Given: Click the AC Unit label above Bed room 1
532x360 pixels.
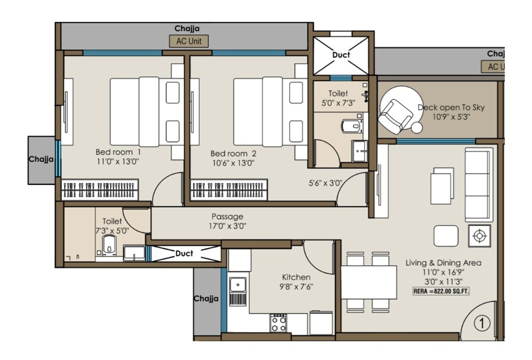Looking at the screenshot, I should coord(189,41).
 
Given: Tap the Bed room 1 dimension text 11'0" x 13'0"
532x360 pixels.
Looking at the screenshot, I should coord(118,162).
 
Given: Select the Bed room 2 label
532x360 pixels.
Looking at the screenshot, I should coord(233,153).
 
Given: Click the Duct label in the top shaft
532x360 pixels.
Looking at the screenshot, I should coord(341,55).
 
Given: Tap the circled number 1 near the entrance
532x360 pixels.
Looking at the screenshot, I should coord(482,323).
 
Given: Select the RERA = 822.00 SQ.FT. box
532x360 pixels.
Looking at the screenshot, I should coord(441,291).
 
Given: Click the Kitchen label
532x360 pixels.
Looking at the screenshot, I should coord(296,277).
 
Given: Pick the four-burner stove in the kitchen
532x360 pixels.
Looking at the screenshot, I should coord(279,323).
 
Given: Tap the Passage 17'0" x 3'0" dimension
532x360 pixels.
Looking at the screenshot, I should coord(227,226).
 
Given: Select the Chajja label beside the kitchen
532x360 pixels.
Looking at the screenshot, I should coord(206,299).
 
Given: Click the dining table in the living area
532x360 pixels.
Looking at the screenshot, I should coord(369,282).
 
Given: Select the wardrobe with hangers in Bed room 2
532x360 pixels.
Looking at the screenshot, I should coord(229,189).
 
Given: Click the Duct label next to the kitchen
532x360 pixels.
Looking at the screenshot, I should coord(184,254).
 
